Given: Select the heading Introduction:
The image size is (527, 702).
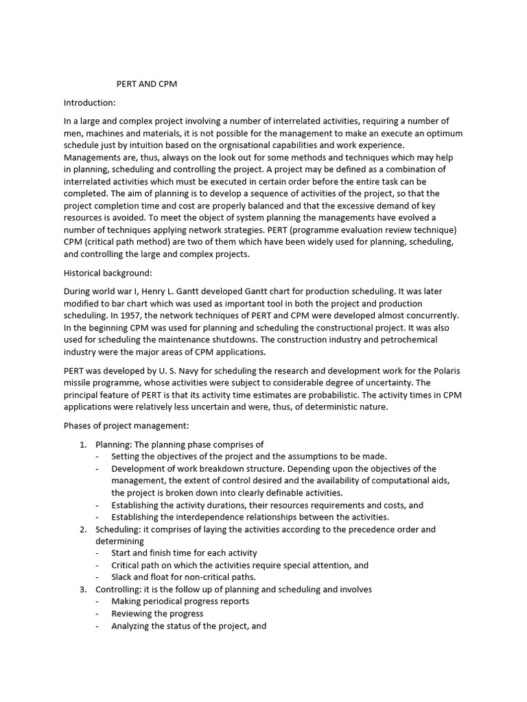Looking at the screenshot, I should (90, 103).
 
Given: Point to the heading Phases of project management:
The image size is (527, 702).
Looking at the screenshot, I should (121, 425).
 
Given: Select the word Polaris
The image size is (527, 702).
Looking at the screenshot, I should (445, 370).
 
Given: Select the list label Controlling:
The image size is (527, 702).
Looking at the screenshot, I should (117, 590).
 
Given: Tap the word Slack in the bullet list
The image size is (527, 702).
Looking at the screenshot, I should (123, 577).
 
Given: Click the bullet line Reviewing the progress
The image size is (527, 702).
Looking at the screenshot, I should (157, 614).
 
